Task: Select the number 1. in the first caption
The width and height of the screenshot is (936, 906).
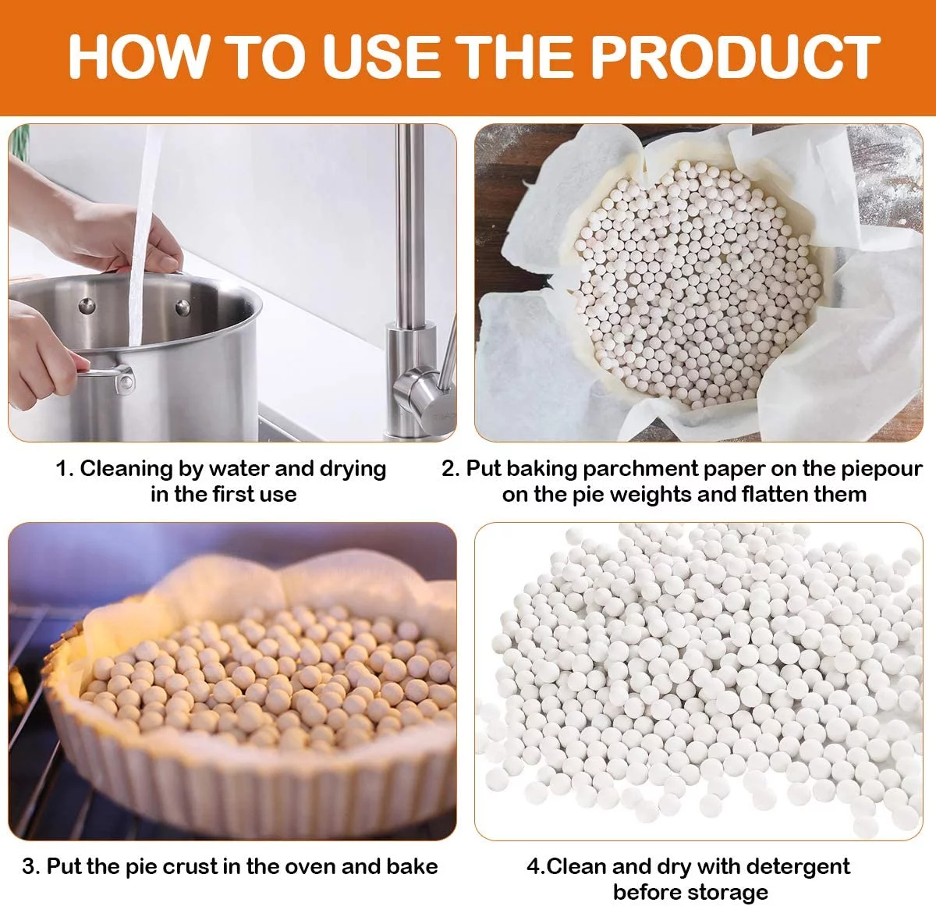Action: [x=65, y=469]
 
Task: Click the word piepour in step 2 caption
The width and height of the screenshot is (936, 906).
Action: [x=881, y=470]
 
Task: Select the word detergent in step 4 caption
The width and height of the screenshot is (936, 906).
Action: [x=796, y=867]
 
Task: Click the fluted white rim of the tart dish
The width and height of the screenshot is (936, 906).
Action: [x=234, y=788]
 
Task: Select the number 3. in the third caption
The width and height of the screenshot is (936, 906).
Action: [x=31, y=867]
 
